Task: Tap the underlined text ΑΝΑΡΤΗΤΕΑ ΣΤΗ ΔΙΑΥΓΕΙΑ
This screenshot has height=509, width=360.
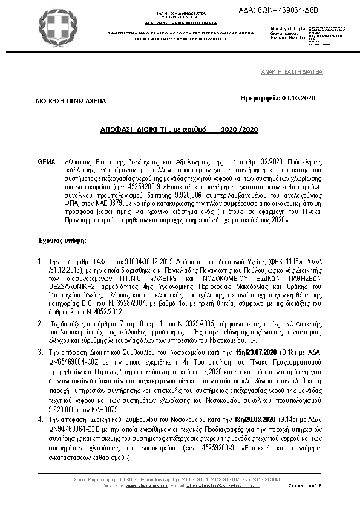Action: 292,71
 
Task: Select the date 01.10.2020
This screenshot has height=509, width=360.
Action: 299,97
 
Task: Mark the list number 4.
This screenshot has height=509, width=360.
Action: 41,419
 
